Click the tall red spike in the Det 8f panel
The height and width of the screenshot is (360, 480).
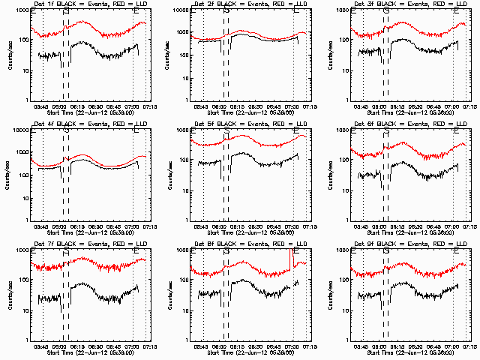290,259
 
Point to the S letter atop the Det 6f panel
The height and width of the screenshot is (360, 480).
386,131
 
